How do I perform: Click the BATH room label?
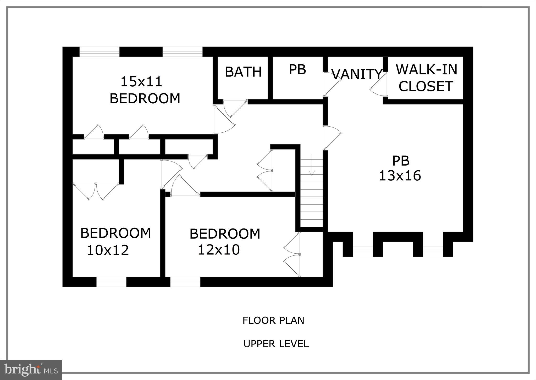243,72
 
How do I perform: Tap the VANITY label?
357,74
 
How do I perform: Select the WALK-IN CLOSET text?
426,78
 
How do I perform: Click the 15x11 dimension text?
141,81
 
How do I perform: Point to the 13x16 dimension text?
400,176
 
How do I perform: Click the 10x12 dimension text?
108,250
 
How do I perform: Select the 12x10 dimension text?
219,250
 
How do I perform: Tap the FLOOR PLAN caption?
273,320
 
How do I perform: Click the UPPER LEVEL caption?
276,344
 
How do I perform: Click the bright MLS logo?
31,370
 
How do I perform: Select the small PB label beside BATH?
297,70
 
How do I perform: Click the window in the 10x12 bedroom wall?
111,282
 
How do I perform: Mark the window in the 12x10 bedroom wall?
185,282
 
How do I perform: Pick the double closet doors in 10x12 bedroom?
96,191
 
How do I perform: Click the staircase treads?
312,199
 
